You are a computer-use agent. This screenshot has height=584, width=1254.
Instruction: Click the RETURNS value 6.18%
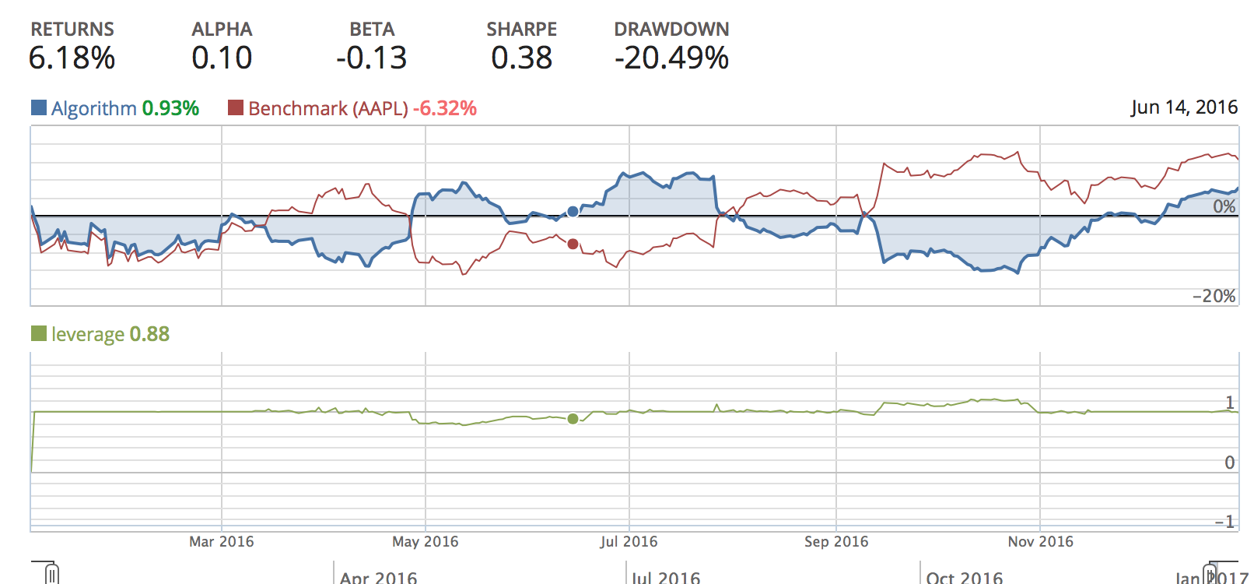(72, 58)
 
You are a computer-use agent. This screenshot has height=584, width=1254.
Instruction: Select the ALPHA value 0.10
(222, 58)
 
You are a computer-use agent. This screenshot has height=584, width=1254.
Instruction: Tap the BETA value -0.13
(371, 58)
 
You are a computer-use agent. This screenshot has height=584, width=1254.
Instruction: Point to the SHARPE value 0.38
(521, 58)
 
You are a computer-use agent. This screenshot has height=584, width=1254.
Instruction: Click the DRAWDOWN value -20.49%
(671, 58)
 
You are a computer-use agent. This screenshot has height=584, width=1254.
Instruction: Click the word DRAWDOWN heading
(671, 30)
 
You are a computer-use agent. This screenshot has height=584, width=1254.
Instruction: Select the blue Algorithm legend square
(39, 107)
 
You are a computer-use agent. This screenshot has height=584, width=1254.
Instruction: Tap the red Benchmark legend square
(236, 107)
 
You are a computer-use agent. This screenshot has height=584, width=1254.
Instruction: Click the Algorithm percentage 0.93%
(170, 108)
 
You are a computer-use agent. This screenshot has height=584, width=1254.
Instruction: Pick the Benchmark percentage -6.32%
(444, 108)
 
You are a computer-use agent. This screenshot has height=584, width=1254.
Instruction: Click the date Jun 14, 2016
(1184, 107)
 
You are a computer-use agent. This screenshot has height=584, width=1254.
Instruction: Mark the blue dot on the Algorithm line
(573, 211)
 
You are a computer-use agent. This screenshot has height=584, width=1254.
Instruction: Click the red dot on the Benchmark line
(573, 244)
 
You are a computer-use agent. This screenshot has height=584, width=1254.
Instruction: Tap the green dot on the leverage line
(573, 419)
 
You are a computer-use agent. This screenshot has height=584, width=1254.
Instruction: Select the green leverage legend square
(39, 333)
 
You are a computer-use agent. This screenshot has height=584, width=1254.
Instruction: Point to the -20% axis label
(1214, 296)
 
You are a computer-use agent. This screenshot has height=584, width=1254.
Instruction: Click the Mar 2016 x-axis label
(221, 541)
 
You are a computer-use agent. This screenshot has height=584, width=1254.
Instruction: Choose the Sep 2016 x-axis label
(836, 541)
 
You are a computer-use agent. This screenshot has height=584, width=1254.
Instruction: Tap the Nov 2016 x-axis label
(1040, 541)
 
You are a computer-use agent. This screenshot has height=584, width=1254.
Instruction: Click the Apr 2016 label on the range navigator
(378, 577)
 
